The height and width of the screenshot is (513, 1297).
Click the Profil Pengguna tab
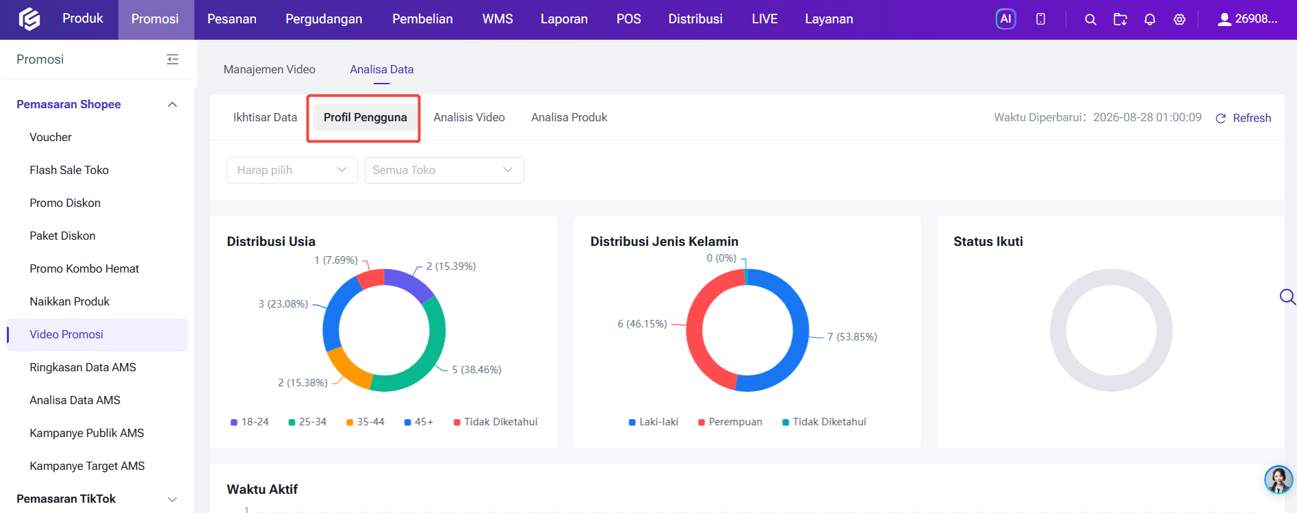tap(365, 117)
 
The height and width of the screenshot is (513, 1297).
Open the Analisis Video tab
tap(469, 117)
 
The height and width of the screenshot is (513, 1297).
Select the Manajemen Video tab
tap(269, 69)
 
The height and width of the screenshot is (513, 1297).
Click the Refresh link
tap(1243, 118)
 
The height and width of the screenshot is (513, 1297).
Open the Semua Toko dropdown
tap(444, 170)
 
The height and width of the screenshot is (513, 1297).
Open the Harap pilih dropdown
tap(292, 170)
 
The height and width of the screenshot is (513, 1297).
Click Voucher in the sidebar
tap(51, 137)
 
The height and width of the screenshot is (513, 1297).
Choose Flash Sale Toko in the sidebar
tap(69, 170)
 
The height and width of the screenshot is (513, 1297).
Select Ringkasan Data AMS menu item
tap(83, 367)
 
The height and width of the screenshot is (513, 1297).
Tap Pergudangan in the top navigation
tap(324, 19)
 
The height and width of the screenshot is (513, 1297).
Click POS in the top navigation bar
tap(628, 19)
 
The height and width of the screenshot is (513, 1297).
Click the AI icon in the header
tap(1005, 19)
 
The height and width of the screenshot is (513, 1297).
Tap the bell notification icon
tap(1150, 19)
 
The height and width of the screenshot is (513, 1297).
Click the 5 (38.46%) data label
tap(476, 370)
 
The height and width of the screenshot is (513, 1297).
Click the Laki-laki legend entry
tap(654, 422)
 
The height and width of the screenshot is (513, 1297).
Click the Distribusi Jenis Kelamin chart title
tap(664, 241)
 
